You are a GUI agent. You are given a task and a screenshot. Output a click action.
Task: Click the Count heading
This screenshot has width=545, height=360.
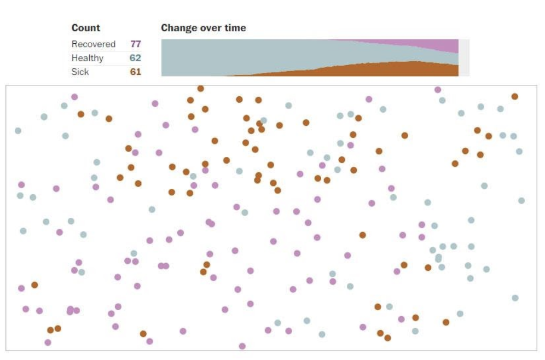point(85,28)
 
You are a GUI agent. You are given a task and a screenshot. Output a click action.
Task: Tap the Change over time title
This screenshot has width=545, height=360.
point(203,28)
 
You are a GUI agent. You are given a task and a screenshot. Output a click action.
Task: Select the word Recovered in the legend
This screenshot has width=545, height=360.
point(94,44)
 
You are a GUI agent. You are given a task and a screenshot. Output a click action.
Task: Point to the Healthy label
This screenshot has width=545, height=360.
point(87,58)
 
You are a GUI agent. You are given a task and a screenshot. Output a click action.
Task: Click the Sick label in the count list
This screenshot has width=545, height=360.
point(80,72)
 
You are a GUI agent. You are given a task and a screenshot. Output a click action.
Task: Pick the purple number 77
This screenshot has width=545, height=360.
point(136,44)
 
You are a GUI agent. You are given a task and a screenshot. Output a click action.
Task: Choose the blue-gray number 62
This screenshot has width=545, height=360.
point(136,58)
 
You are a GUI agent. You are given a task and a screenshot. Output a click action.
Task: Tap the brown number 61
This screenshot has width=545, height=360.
point(136,72)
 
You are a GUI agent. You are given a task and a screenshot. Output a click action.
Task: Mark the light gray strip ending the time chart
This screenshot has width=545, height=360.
point(464,57)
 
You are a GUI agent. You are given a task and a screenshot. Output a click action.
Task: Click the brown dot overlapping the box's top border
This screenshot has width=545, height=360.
point(201,88)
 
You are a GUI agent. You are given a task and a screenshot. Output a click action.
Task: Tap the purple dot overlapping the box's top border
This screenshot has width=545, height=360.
point(438,89)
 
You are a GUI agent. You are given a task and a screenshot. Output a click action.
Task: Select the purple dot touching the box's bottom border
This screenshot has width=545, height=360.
point(242,346)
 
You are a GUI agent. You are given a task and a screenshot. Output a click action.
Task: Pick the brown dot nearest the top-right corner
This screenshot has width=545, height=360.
point(514,96)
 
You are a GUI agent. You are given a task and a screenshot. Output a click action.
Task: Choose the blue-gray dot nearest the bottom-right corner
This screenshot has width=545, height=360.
point(515,298)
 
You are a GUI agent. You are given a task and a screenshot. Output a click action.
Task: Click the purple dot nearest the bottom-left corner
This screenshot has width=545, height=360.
point(48,342)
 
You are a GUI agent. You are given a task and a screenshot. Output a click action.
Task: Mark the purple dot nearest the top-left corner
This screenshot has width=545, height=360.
point(74,97)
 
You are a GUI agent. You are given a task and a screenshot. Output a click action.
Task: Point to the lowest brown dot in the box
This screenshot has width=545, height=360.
point(387,338)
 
